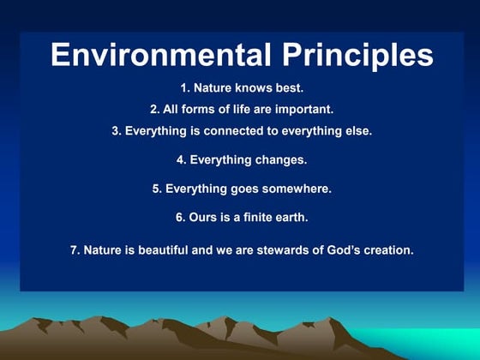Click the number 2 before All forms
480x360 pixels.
coord(153,110)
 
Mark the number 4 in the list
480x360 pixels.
coord(180,159)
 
